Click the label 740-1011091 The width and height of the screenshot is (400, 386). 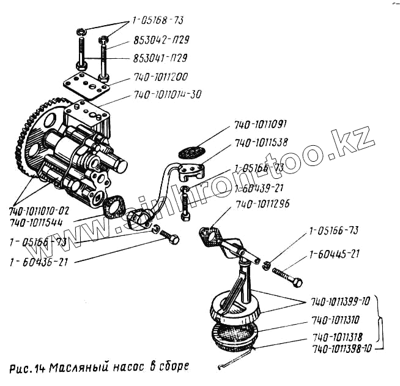click(x=261, y=125)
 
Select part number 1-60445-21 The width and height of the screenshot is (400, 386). click(x=334, y=252)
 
